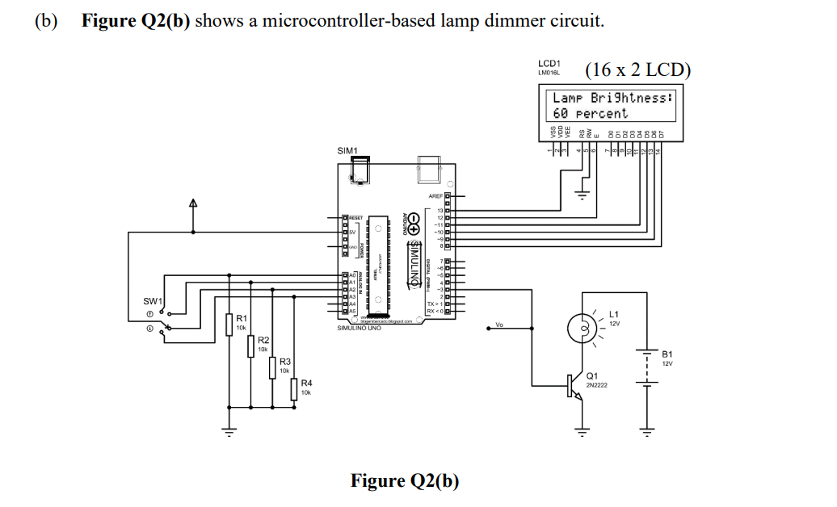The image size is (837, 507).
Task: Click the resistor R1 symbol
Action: (x=229, y=325)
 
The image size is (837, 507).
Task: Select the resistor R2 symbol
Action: (x=251, y=346)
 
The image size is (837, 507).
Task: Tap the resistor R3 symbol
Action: (x=273, y=367)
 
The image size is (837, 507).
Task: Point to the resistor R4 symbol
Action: (x=294, y=388)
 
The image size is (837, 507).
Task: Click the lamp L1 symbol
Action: (x=581, y=327)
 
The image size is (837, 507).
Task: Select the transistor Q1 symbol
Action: (x=574, y=387)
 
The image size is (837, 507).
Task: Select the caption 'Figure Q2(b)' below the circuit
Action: (x=404, y=481)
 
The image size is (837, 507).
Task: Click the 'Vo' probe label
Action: (x=499, y=326)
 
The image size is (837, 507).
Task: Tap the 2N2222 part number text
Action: (x=596, y=384)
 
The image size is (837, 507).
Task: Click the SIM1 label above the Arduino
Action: (x=347, y=151)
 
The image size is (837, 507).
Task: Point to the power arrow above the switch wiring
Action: (x=192, y=203)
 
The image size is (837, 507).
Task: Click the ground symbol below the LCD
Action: (x=579, y=193)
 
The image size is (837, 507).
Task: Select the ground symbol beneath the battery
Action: (x=646, y=432)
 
